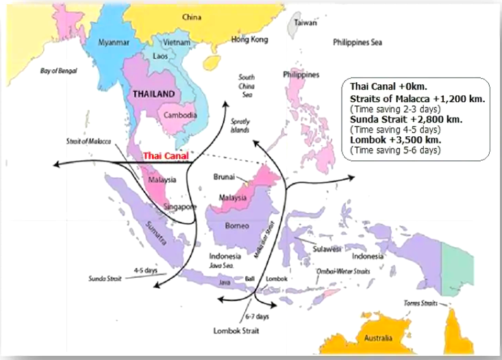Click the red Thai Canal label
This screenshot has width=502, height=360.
point(165,156)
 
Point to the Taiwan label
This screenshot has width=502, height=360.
point(305,22)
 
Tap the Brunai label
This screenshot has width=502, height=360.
point(225,175)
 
